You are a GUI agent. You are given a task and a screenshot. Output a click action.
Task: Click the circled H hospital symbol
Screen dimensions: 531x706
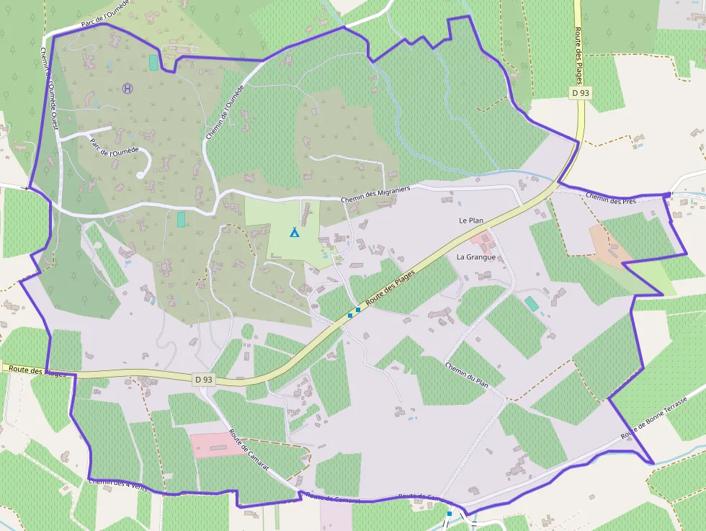tap(128, 89)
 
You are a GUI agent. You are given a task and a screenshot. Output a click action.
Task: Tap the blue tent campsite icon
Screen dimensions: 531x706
tap(294, 232)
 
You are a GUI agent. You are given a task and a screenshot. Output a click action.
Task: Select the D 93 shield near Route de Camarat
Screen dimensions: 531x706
tap(204, 379)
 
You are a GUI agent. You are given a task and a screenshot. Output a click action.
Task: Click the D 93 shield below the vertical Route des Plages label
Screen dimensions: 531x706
tap(581, 93)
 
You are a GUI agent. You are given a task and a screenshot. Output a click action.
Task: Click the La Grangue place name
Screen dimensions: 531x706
tap(475, 256)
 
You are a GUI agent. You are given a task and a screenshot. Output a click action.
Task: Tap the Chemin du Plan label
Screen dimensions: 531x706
tap(467, 375)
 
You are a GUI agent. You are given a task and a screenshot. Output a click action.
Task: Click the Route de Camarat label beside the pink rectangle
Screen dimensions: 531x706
tap(249, 450)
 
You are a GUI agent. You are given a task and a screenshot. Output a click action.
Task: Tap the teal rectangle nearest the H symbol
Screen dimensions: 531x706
tap(153, 63)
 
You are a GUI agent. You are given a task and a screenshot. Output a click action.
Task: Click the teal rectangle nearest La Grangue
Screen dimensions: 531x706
tap(531, 303)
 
